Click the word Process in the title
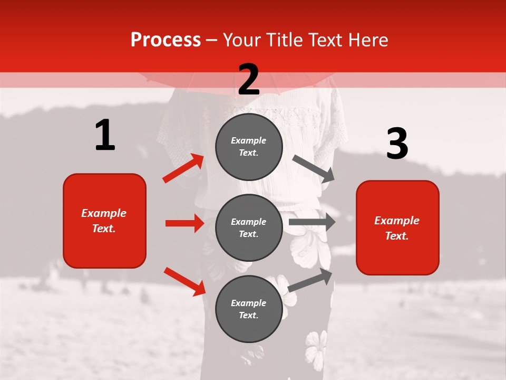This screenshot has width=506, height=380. pos(166,40)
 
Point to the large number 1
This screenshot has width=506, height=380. pos(105,135)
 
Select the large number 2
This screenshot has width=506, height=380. pos(249,79)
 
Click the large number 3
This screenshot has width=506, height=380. pos(397,144)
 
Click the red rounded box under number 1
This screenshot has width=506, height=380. pos(104,221)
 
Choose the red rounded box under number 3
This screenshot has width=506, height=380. pos(397,227)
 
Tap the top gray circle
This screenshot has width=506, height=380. pos(249,146)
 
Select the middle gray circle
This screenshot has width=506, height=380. pos(249,227)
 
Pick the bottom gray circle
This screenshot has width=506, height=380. pos(249,309)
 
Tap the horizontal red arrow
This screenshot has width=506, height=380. pos(184,223)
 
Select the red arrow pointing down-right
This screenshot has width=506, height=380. pos(184,281)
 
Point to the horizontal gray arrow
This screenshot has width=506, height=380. pos(312,222)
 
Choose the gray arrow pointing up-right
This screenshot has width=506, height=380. pos(310,280)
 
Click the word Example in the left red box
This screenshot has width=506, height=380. pos(104,213)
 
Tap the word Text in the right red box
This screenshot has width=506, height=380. pos(396,236)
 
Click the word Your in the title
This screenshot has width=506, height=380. pos(241,40)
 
